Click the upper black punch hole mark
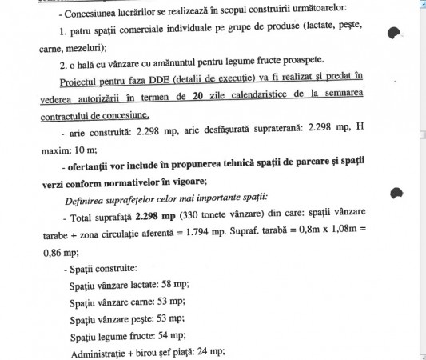pyautogui.click(x=393, y=33)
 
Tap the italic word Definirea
pyautogui.click(x=87, y=198)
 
